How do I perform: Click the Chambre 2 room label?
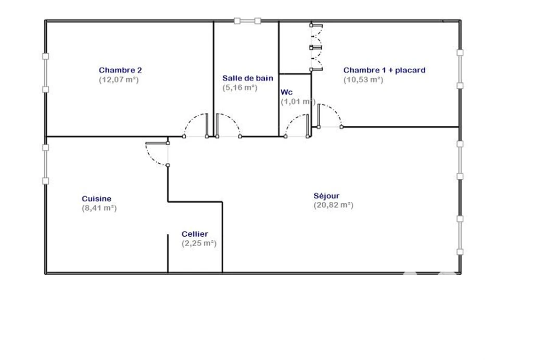coord(120,70)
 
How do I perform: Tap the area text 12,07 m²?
coord(119,80)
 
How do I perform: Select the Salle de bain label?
coord(248,78)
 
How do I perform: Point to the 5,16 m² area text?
coord(240,87)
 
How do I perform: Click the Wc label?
coord(287,93)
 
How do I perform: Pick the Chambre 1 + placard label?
coord(385,70)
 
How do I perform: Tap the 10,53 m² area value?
coord(363,80)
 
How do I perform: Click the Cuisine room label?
coord(96,199)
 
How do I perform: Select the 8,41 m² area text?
coord(99,208)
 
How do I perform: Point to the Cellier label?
coord(195,234)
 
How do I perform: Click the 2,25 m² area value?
coord(199,243)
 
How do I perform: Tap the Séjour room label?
coord(327,196)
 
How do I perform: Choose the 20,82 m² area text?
coord(334,205)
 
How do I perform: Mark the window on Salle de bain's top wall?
coord(247,21)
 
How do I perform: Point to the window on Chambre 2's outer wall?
coord(46,73)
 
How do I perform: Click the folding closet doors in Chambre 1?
coord(316,47)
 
